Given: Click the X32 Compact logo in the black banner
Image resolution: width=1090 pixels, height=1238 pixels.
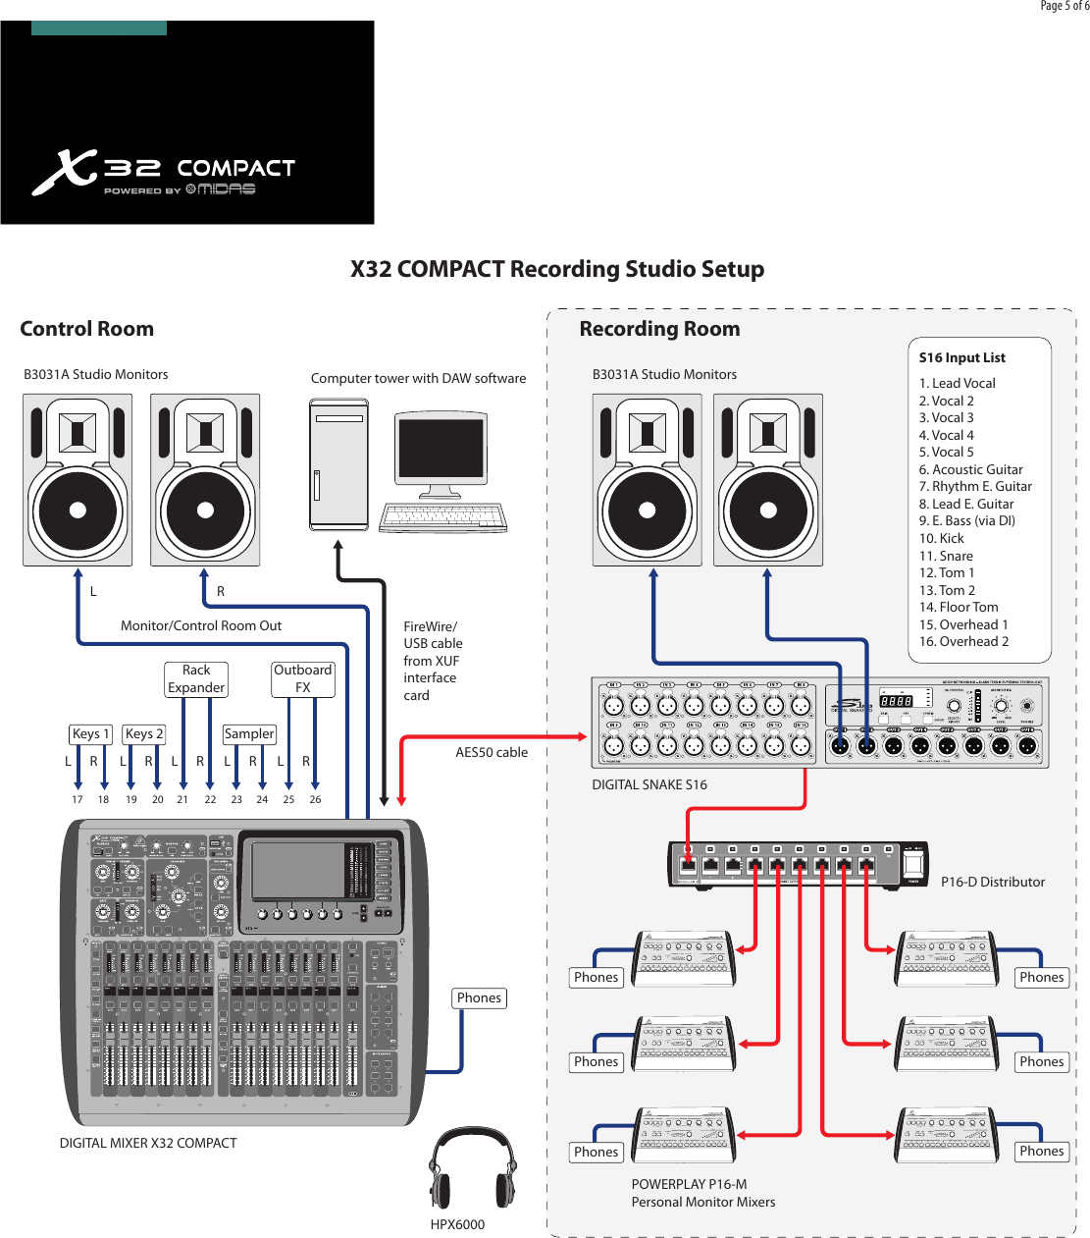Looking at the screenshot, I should pyautogui.click(x=164, y=173).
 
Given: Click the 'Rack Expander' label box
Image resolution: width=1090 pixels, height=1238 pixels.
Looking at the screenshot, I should pyautogui.click(x=196, y=678).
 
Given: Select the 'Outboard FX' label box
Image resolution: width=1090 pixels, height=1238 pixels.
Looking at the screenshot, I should pyautogui.click(x=302, y=678).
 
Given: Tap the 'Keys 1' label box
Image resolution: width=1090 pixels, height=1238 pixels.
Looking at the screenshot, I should pyautogui.click(x=90, y=733).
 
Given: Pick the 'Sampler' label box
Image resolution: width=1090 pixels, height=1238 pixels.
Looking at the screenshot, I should pyautogui.click(x=249, y=733).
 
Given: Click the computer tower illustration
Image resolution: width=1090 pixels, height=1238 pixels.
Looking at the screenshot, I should pyautogui.click(x=338, y=463).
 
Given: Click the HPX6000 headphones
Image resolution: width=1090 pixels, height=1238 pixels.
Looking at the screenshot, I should pyautogui.click(x=472, y=1168).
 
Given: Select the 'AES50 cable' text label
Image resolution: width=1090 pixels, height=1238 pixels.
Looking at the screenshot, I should pyautogui.click(x=491, y=752).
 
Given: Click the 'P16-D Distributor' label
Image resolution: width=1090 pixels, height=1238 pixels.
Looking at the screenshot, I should pyautogui.click(x=992, y=882).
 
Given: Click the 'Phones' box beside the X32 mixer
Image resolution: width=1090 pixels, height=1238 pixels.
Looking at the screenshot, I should pyautogui.click(x=479, y=997).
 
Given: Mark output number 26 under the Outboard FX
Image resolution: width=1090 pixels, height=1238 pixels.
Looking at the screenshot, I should pyautogui.click(x=315, y=799).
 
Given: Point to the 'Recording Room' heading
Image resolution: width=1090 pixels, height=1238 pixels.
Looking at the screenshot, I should pyautogui.click(x=659, y=329).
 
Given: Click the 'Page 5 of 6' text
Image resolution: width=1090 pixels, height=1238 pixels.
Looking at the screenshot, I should pyautogui.click(x=1064, y=6).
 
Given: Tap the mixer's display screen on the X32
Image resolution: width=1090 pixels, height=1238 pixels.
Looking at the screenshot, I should pyautogui.click(x=297, y=870).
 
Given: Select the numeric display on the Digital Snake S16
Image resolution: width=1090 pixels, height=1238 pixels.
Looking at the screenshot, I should pyautogui.click(x=896, y=701).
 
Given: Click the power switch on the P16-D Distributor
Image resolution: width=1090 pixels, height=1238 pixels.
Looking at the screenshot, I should pyautogui.click(x=912, y=864).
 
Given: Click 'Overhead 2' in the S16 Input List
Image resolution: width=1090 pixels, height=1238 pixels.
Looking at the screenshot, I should pyautogui.click(x=963, y=641).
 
